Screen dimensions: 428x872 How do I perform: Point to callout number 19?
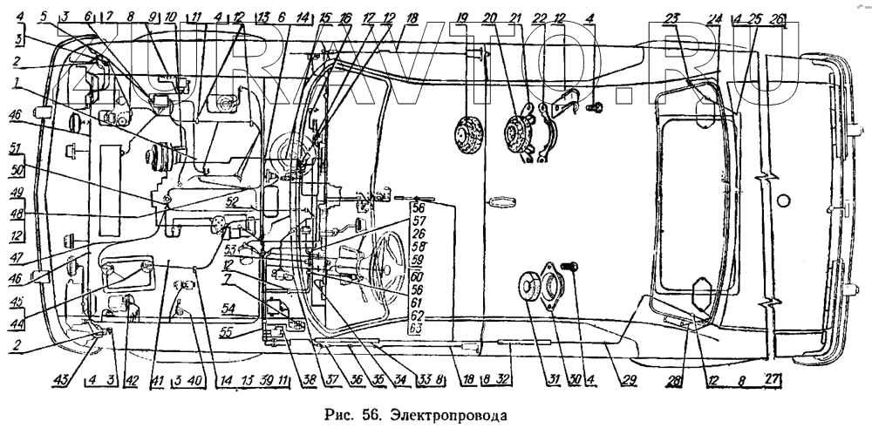click(462, 18)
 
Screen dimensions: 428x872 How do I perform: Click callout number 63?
click(416, 329)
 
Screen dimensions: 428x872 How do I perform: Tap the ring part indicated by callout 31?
click(532, 288)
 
